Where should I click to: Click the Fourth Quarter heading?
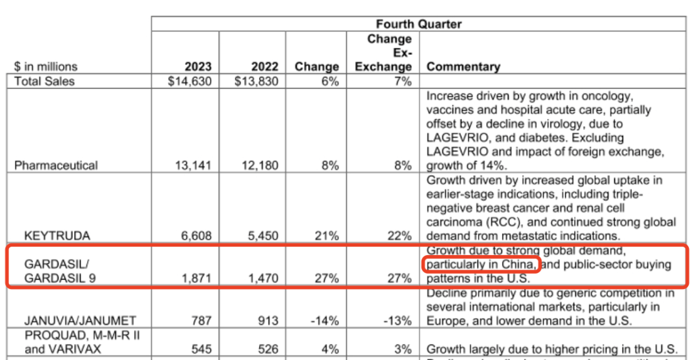pyautogui.click(x=418, y=24)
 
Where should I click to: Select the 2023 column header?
pyautogui.click(x=198, y=67)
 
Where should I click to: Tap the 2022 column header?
pyautogui.click(x=265, y=67)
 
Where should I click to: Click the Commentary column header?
pyautogui.click(x=463, y=67)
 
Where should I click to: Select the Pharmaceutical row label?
pyautogui.click(x=56, y=166)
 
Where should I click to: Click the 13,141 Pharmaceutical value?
pyautogui.click(x=193, y=166)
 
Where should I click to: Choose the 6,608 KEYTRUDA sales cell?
pyautogui.click(x=196, y=236)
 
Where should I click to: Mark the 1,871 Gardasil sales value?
pyautogui.click(x=196, y=279)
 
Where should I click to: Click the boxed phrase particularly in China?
pyautogui.click(x=480, y=265)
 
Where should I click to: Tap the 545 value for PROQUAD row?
pyautogui.click(x=201, y=350)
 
